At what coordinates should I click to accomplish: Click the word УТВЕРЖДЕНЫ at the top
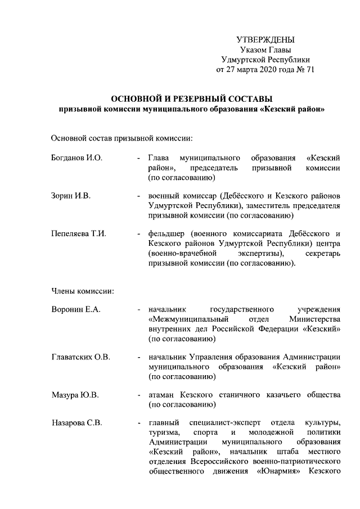pyautogui.click(x=265, y=39)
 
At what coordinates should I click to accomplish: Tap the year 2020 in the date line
pyautogui.click(x=269, y=70)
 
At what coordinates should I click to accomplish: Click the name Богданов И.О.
pyautogui.click(x=76, y=158)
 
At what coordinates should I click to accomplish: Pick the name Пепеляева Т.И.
pyautogui.click(x=79, y=233)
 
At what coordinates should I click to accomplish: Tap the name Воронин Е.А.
pyautogui.click(x=75, y=309)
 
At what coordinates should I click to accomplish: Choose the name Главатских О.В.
pyautogui.click(x=81, y=357)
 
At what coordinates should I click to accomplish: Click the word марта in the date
pyautogui.click(x=245, y=70)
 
